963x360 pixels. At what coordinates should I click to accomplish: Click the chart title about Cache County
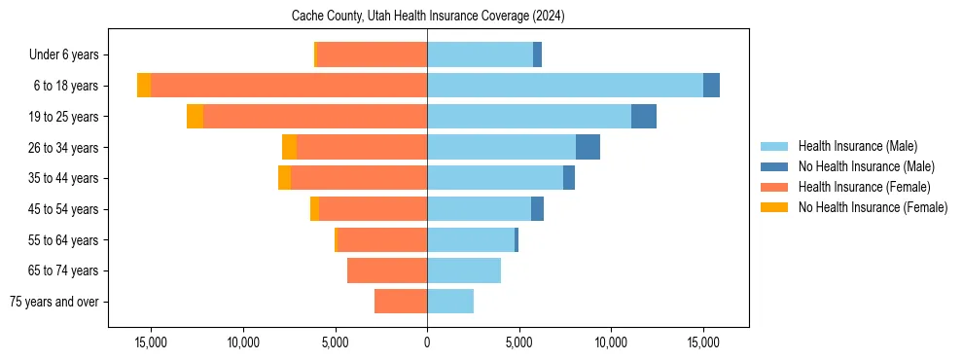pos(428,17)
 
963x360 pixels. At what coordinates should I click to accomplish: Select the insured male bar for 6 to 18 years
pos(564,86)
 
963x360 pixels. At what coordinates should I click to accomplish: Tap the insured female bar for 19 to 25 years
pos(315,117)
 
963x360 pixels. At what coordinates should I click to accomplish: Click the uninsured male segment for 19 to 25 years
pos(644,117)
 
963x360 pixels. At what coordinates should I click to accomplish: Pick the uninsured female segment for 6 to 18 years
pos(144,86)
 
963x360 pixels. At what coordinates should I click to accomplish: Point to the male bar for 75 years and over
pos(450,302)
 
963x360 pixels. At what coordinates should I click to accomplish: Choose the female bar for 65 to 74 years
pos(387,270)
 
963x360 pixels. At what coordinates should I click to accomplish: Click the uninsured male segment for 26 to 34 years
pos(588,147)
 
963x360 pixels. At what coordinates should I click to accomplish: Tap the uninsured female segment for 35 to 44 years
pos(284,178)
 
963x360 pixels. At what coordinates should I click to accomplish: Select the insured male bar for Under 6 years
pos(480,54)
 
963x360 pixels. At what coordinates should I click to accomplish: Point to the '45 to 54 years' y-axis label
pos(63,209)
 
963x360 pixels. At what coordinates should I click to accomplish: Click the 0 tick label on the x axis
pos(427,342)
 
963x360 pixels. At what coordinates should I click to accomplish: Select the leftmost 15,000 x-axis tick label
pos(151,342)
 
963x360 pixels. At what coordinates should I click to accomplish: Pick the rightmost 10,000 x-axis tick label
pos(611,342)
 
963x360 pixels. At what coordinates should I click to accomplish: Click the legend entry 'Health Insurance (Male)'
pos(857,146)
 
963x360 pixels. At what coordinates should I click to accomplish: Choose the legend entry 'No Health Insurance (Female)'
pos(873,207)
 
